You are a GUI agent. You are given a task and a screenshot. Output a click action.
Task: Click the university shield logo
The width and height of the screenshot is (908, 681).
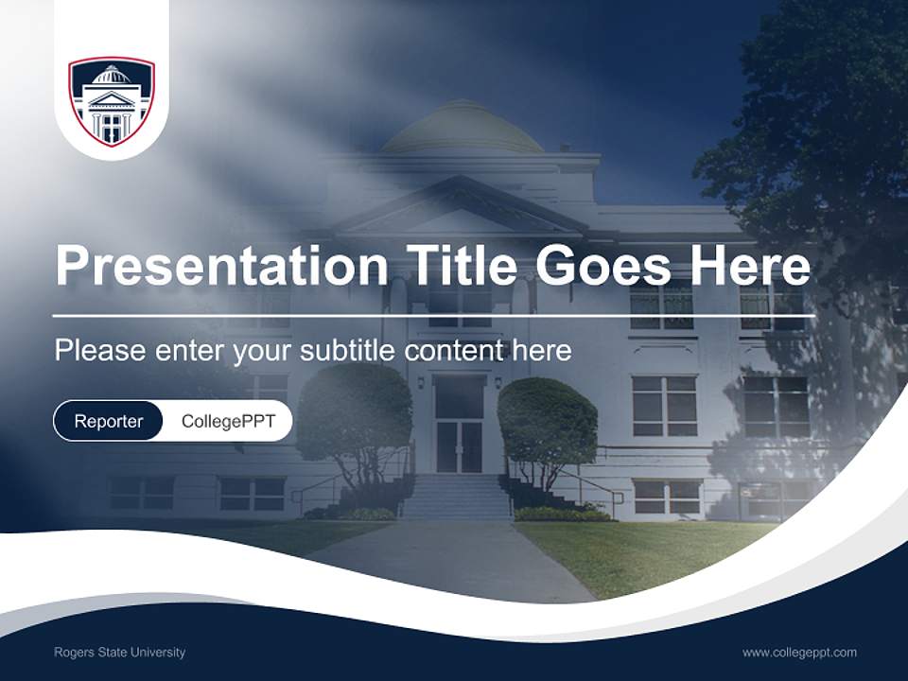111,101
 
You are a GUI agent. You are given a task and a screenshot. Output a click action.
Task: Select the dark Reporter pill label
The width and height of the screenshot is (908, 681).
108,421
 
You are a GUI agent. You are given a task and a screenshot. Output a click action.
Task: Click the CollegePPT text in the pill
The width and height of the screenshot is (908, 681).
228,421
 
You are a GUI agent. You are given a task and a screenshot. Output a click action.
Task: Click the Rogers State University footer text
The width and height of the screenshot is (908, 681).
119,653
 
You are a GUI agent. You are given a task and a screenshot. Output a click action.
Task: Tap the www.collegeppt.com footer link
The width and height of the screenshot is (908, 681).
799,653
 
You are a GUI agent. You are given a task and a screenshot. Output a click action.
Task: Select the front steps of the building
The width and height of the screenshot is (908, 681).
457,497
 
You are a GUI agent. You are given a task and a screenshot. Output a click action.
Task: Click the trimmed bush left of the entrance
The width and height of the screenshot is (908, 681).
355,416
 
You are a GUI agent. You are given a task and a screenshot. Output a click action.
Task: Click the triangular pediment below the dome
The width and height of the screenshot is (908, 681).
459,208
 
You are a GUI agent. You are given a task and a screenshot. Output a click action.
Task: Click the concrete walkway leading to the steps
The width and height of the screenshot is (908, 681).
454,558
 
